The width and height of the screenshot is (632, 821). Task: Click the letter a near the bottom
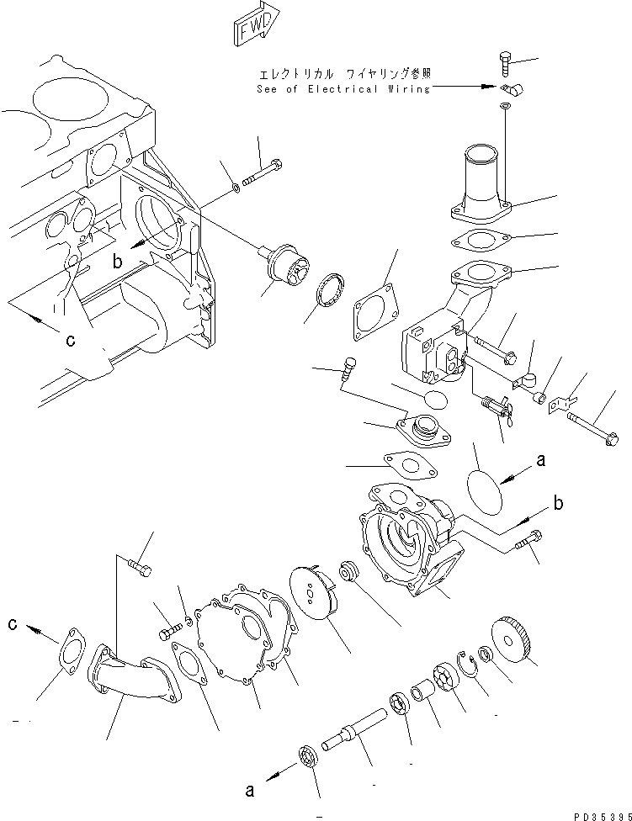(x=248, y=790)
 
